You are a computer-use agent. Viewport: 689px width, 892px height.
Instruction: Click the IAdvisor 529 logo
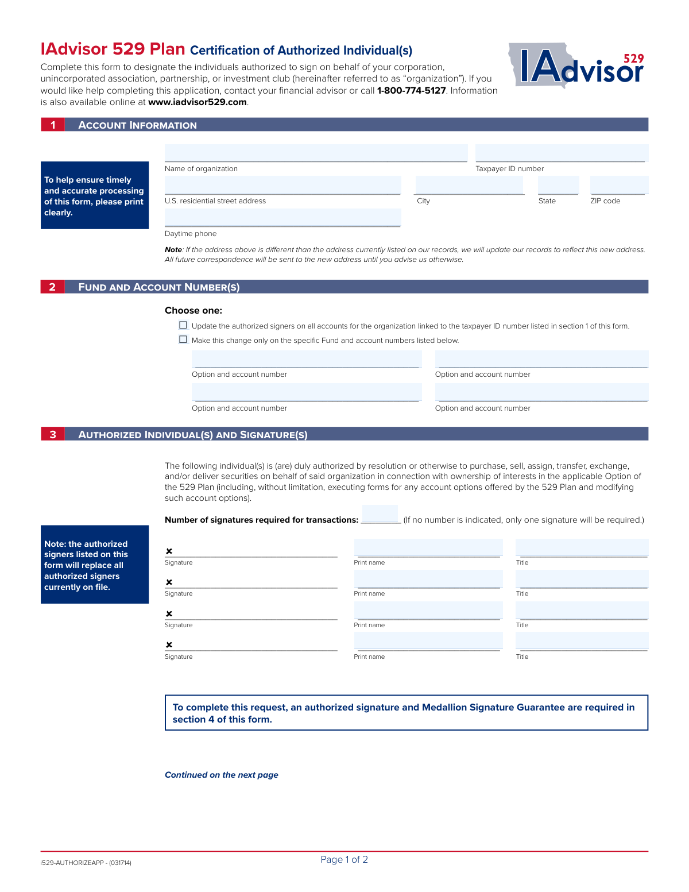pyautogui.click(x=577, y=66)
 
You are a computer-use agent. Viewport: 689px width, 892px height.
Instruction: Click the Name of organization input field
pyautogui.click(x=316, y=153)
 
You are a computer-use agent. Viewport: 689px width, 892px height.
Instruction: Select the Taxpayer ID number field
pyautogui.click(x=561, y=153)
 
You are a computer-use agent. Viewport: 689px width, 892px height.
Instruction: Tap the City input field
pyautogui.click(x=469, y=186)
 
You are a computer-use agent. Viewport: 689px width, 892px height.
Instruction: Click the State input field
pyautogui.click(x=558, y=186)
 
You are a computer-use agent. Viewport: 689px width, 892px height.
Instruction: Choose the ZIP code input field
pyautogui.click(x=618, y=186)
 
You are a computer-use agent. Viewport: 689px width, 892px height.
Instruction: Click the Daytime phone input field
pyautogui.click(x=282, y=218)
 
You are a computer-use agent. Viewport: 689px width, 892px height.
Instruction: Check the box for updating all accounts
pyautogui.click(x=183, y=325)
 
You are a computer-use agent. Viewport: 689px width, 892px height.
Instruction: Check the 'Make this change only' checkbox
pyautogui.click(x=183, y=339)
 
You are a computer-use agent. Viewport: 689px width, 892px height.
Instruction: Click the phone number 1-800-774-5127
pyautogui.click(x=411, y=91)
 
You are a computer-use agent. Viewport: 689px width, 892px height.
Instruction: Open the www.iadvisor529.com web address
pyautogui.click(x=198, y=102)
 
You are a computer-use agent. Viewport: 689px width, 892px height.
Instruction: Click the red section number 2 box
pyautogui.click(x=52, y=287)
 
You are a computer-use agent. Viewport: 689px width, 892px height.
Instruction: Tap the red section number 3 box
pyautogui.click(x=52, y=434)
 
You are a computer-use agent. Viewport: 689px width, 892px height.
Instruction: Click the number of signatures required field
pyautogui.click(x=380, y=514)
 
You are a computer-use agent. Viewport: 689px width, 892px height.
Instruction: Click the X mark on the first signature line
pyautogui.click(x=169, y=551)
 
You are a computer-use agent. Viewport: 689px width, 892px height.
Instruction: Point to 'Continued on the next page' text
pyautogui.click(x=221, y=775)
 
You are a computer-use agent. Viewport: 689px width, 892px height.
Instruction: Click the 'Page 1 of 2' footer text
pyautogui.click(x=344, y=859)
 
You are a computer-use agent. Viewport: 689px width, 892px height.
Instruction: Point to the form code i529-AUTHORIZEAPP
pyautogui.click(x=86, y=863)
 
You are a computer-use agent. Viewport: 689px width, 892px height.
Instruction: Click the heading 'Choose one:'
pyautogui.click(x=193, y=310)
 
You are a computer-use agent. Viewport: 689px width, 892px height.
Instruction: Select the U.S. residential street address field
pyautogui.click(x=282, y=186)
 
